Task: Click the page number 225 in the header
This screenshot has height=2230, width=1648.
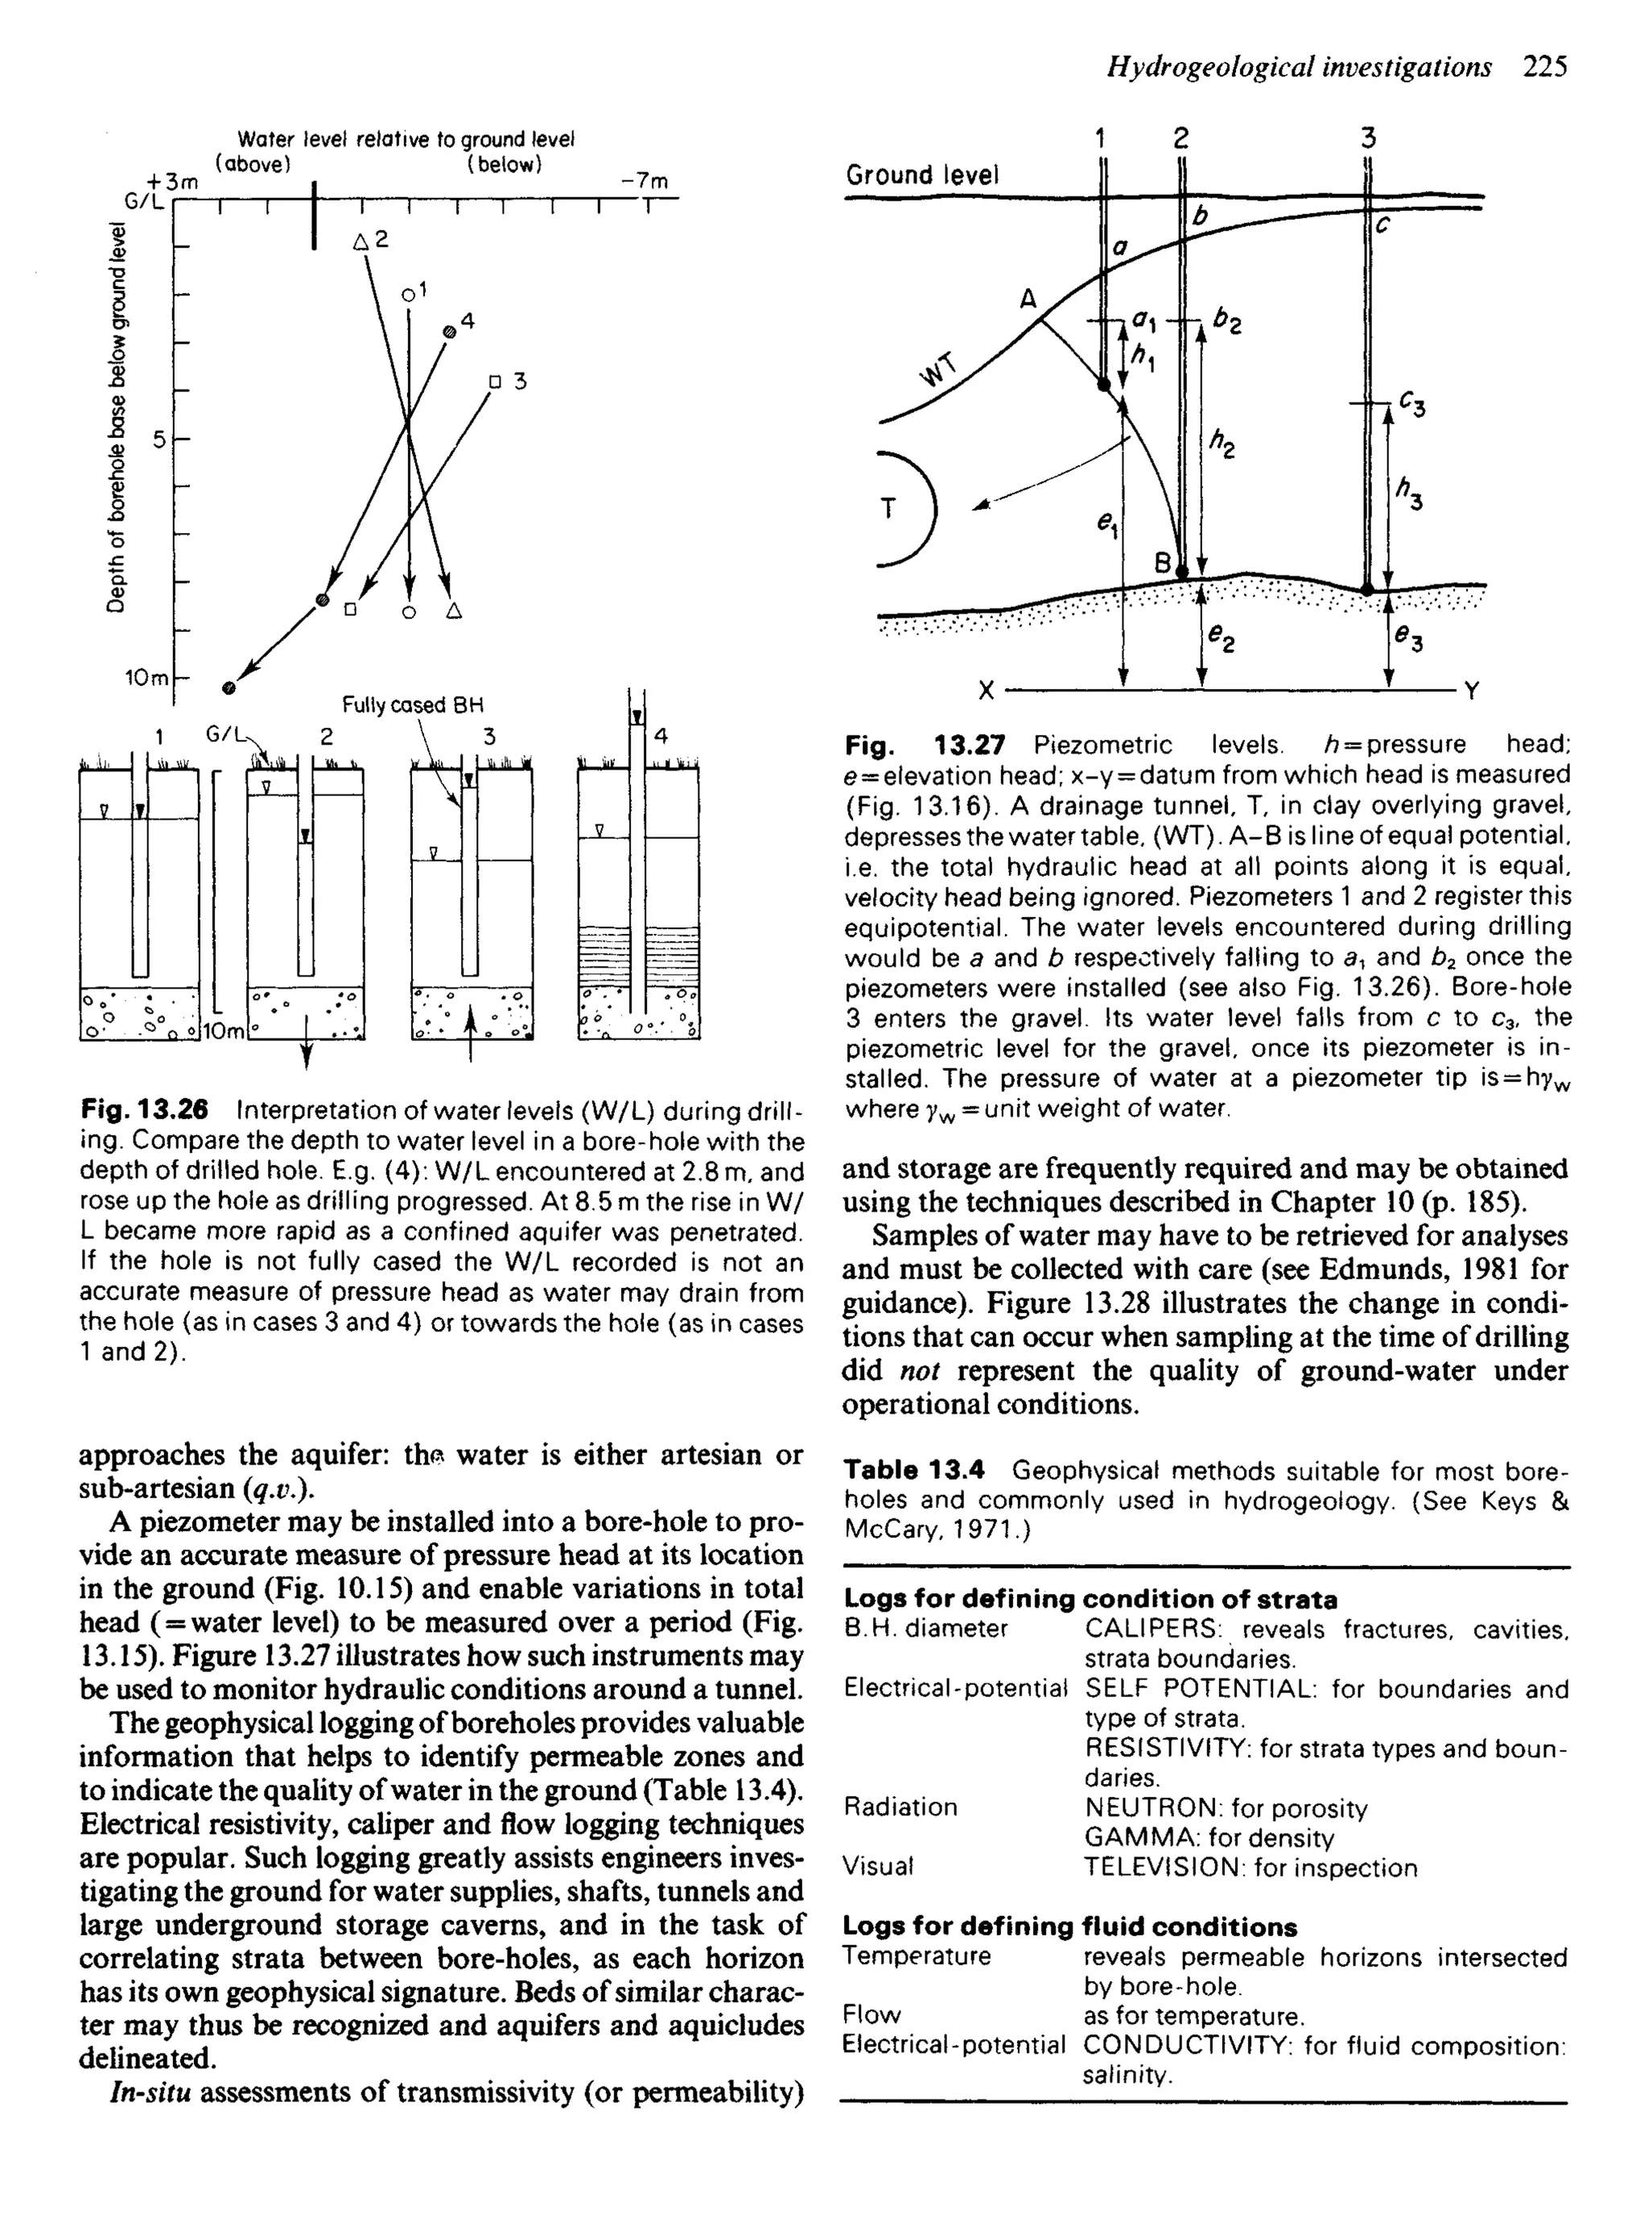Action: pos(1545,67)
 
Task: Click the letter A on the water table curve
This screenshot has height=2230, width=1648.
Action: pos(1028,299)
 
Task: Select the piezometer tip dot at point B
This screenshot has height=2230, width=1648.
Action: pos(1183,572)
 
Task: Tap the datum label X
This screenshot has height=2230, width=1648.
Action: pos(987,691)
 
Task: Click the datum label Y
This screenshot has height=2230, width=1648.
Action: pos(1472,691)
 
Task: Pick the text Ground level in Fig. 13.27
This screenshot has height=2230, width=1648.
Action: pos(921,176)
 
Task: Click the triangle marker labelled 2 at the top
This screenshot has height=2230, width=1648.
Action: pos(361,241)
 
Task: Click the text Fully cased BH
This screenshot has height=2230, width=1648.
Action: pos(412,705)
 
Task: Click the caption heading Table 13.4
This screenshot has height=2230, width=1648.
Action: pos(914,1471)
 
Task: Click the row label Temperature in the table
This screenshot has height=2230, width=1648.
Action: pos(917,1956)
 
